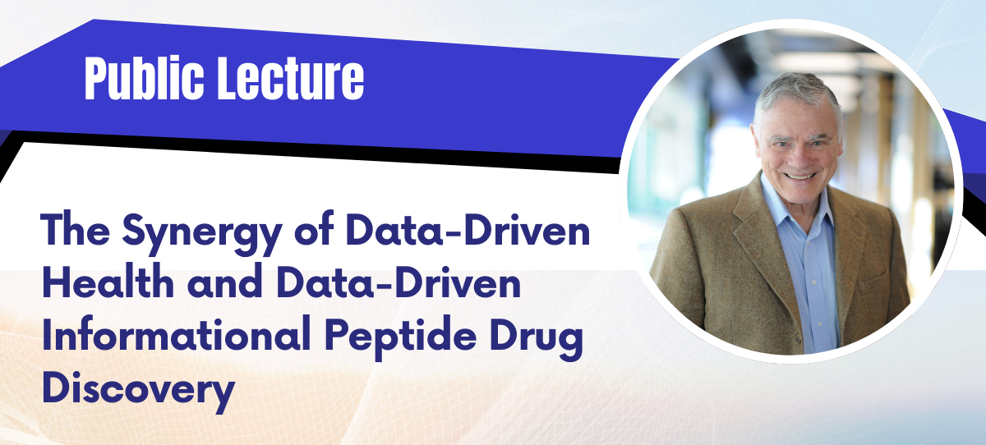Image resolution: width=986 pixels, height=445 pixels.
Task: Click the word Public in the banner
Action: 145,78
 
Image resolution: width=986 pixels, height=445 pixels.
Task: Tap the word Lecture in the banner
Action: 291,78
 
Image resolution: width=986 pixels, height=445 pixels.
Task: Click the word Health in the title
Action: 108,282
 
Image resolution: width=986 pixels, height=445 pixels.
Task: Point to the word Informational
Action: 176,334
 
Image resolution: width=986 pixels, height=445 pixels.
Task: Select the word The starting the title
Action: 76,229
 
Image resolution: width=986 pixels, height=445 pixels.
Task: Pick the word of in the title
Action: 314,229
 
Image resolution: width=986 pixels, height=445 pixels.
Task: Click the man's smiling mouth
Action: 799,177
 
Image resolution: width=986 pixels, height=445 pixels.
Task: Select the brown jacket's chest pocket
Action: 874,282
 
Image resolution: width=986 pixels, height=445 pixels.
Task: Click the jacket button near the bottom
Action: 799,337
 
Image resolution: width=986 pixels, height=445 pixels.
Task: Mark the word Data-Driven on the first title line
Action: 468,229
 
